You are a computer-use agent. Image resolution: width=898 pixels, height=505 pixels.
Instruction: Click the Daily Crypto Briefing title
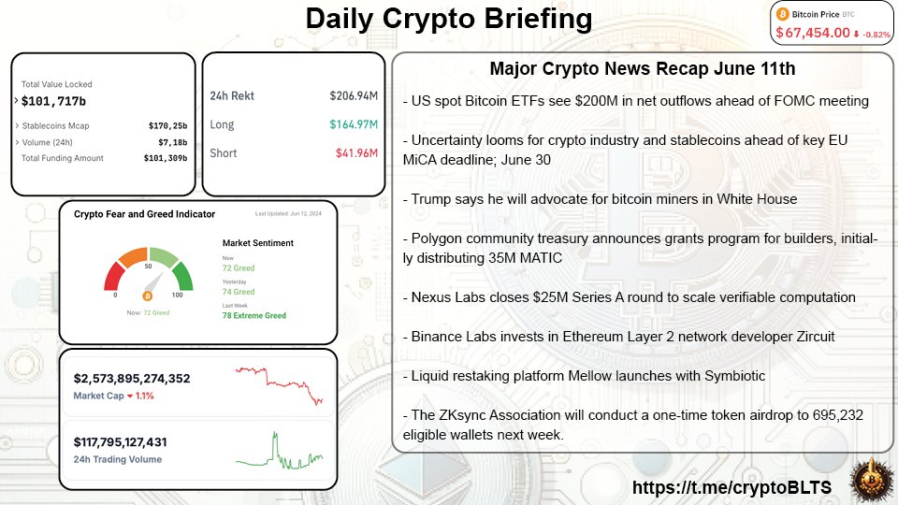[x=449, y=21]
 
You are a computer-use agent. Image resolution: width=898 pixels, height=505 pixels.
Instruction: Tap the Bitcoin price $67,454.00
[x=812, y=33]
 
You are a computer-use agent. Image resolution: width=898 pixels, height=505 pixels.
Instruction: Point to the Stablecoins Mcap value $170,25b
[x=167, y=125]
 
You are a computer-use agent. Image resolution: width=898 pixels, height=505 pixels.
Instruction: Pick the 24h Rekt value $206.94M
[x=354, y=95]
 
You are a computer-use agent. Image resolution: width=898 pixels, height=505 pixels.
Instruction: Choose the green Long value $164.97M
[x=354, y=124]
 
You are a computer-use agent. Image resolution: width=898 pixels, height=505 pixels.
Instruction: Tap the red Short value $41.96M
[x=356, y=152]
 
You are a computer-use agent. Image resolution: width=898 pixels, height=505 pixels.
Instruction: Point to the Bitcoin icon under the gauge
[x=145, y=295]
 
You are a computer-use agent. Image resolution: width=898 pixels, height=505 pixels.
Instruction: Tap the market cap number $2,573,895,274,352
[x=132, y=379]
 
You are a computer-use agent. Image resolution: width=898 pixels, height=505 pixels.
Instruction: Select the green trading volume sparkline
[x=280, y=452]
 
